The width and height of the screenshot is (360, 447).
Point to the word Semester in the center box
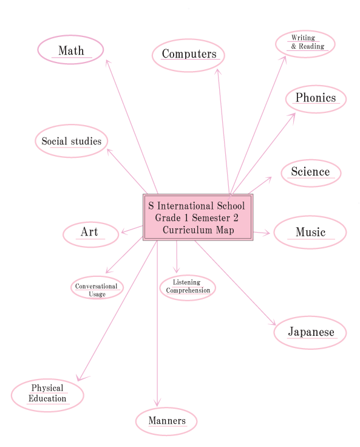(x=211, y=218)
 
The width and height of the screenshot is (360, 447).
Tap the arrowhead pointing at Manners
(x=157, y=403)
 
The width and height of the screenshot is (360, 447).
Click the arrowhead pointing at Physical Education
(x=81, y=377)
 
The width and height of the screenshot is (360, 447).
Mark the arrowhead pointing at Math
(x=107, y=63)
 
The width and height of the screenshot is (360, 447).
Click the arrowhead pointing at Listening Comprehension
(x=177, y=270)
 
